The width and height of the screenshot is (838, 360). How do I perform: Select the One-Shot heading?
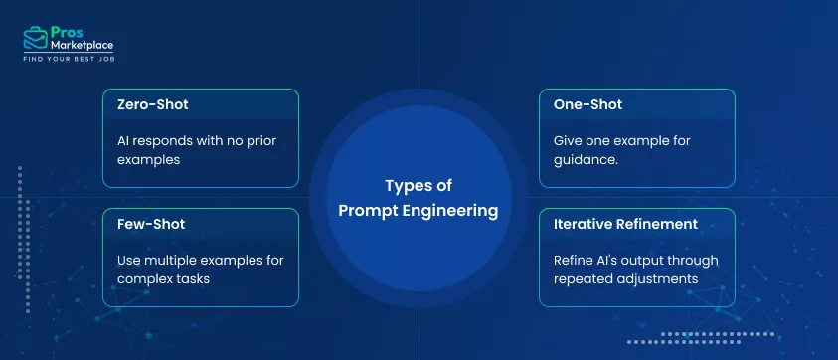tap(587, 104)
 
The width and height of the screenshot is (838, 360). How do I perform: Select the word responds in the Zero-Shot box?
tap(162, 140)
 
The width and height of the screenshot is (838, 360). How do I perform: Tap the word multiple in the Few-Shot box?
tap(174, 260)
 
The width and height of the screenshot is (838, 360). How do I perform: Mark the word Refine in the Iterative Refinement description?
tap(574, 260)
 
